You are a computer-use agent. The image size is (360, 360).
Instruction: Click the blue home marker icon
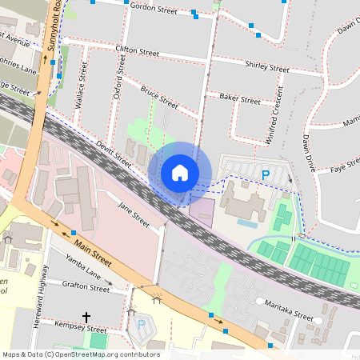click(x=180, y=172)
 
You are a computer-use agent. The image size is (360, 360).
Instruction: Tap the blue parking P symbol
click(x=265, y=174)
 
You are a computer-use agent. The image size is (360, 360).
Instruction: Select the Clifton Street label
click(x=137, y=50)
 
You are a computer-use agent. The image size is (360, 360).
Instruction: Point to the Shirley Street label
click(x=267, y=66)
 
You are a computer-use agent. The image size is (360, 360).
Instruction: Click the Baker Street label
click(x=239, y=100)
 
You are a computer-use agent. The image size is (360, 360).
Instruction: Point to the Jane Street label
click(x=134, y=215)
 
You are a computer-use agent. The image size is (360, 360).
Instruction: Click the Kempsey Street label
click(x=81, y=329)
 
